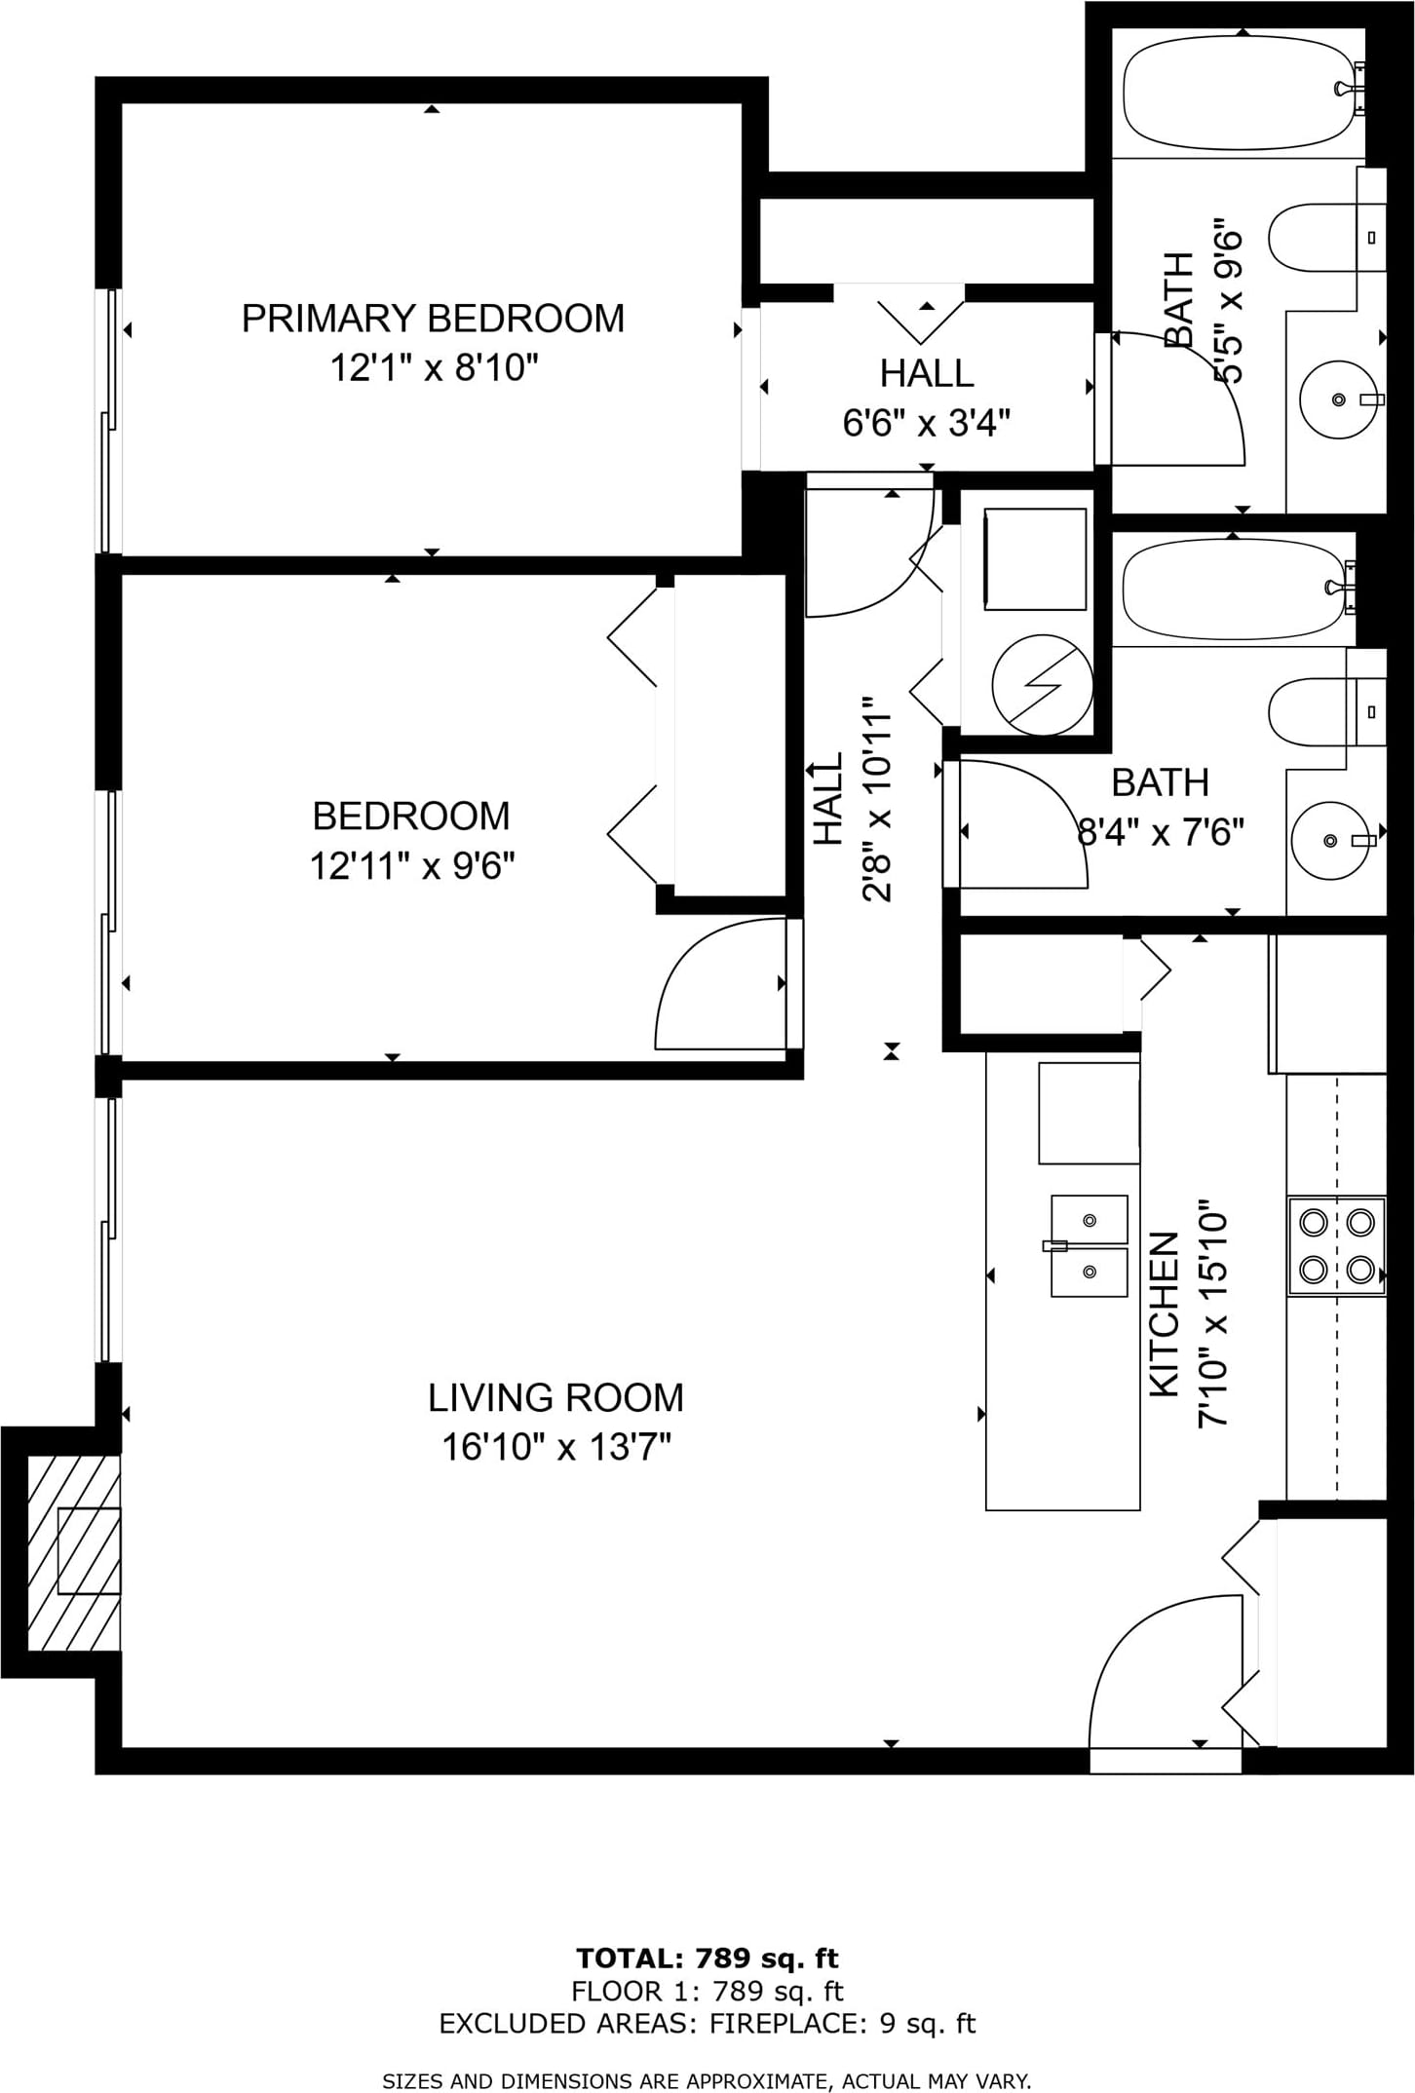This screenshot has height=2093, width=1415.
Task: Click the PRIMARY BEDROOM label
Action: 433,319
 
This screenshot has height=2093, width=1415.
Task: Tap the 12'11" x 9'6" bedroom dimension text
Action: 411,865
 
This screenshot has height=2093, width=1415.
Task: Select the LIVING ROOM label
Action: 555,1398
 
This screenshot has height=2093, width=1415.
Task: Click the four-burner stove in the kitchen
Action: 1336,1246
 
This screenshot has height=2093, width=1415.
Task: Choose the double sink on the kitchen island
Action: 1089,1246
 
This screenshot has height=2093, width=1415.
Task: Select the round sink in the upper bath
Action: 1338,400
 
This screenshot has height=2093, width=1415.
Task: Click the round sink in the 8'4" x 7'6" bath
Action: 1330,840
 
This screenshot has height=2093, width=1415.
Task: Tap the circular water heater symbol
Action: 1042,684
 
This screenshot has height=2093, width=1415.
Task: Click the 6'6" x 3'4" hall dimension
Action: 927,424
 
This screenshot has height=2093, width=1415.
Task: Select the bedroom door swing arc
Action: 721,983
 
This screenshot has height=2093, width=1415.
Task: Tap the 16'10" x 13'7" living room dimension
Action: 557,1448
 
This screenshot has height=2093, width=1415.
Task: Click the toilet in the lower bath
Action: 1326,711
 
